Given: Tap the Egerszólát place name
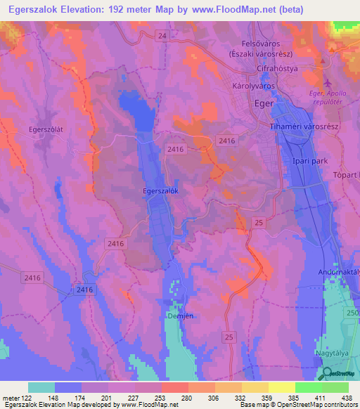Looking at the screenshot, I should (x=46, y=129).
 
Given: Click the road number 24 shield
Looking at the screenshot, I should (x=162, y=35).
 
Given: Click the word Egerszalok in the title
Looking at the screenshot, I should (x=34, y=9).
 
